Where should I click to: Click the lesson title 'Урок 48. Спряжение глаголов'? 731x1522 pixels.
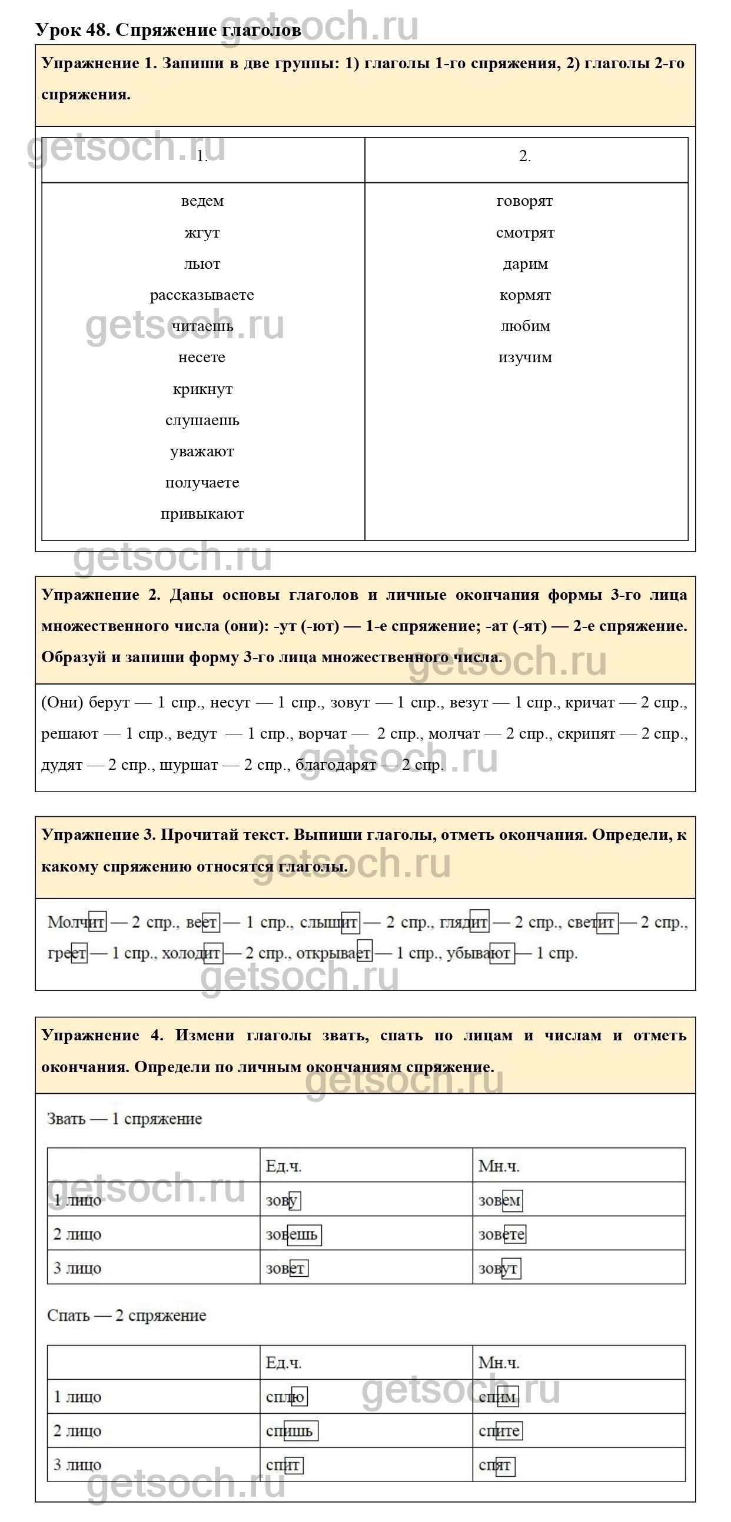coord(168,29)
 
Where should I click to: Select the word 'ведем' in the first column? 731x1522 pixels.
coord(202,201)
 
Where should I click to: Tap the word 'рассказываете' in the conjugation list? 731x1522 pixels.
coord(202,295)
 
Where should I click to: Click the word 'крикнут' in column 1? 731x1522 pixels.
coord(202,389)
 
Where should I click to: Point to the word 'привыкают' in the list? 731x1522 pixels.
coord(202,514)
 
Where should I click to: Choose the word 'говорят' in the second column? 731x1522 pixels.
coord(524,201)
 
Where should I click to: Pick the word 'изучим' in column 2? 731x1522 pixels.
coord(525,358)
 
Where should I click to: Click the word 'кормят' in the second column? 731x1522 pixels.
coord(525,295)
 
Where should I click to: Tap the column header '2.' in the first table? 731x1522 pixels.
coord(524,156)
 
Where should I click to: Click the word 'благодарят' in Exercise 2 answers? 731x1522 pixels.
coord(336,765)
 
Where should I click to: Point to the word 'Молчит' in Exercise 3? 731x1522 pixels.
coord(77,922)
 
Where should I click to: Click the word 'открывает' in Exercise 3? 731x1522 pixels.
coord(334,953)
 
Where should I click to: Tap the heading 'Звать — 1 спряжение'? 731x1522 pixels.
coord(124,1119)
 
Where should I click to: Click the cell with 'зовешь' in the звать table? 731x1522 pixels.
coord(292,1235)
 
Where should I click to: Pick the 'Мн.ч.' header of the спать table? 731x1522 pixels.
coord(499,1363)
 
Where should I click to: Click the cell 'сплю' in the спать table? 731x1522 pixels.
coord(285,1397)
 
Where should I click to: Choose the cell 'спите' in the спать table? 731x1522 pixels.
coord(500,1431)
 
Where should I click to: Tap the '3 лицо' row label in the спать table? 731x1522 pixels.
coord(78,1466)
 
